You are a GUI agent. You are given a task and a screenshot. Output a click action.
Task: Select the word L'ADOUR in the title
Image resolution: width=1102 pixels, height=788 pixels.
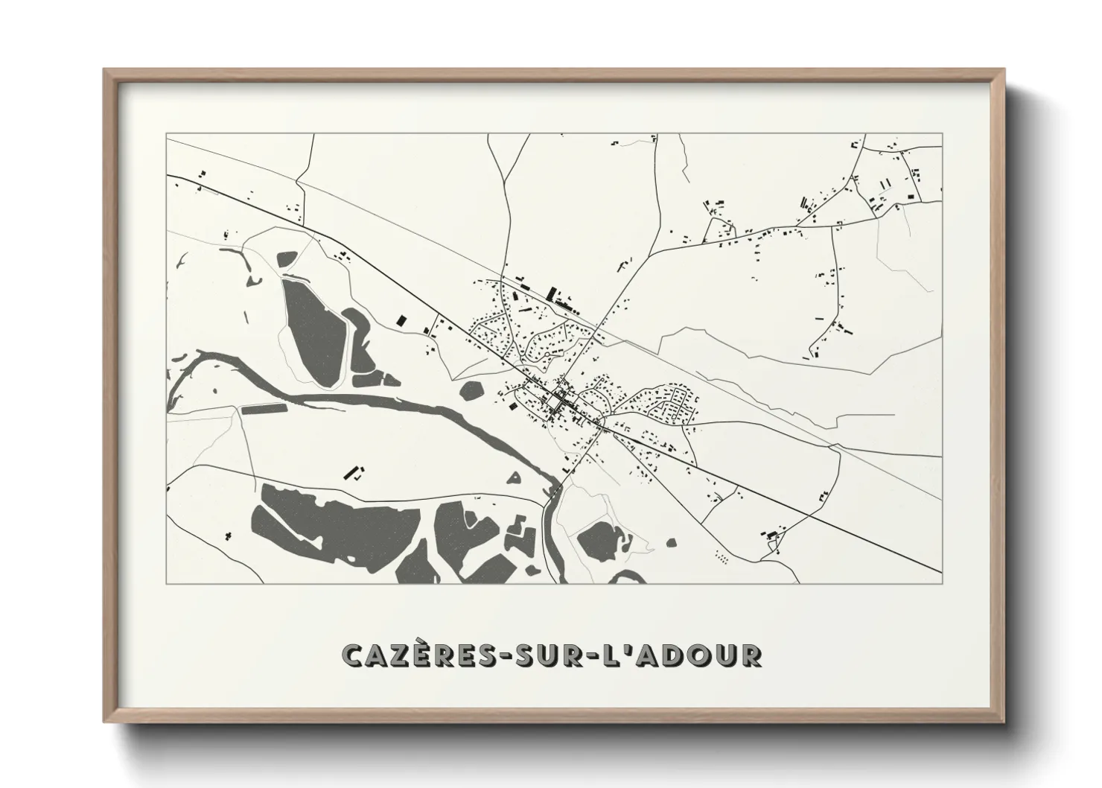pos(686,655)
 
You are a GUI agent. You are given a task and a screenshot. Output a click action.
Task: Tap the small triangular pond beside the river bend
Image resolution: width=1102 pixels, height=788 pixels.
pos(515,479)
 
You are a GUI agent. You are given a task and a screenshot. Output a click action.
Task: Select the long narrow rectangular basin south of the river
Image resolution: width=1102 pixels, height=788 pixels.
pos(264,408)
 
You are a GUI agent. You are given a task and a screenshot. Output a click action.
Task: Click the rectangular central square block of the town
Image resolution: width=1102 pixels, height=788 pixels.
pos(555,403)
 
